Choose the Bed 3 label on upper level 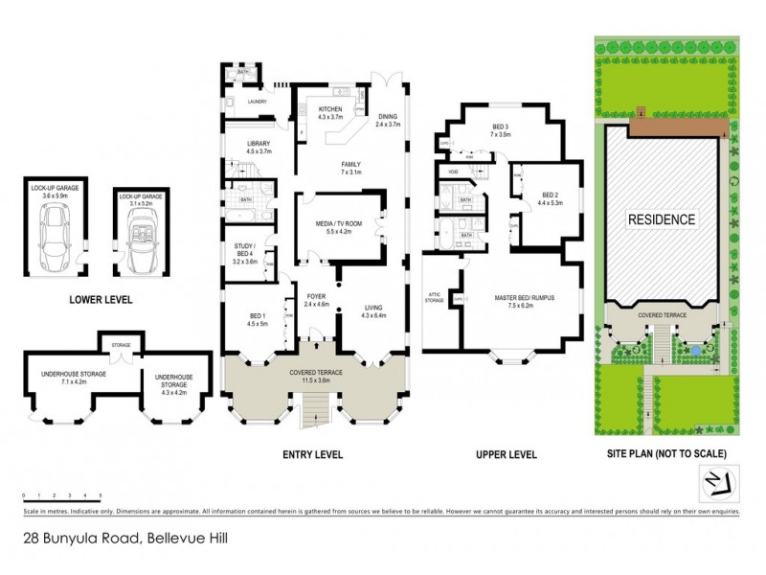click(x=502, y=131)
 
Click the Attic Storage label click(x=435, y=299)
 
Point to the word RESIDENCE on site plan click(x=661, y=219)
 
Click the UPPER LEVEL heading click(x=506, y=454)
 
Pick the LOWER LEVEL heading click(x=101, y=300)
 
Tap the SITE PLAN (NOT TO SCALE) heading click(x=667, y=453)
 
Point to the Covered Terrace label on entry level click(x=317, y=377)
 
